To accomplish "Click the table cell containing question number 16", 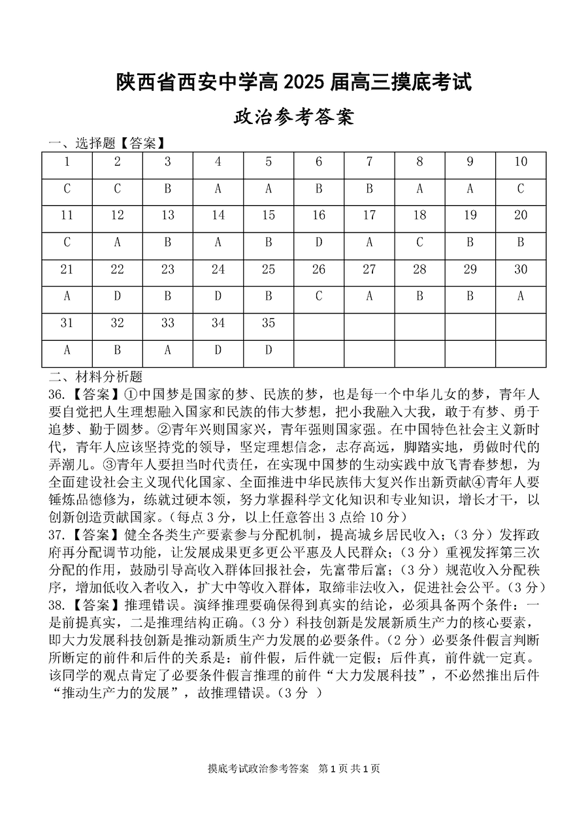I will click(x=319, y=215).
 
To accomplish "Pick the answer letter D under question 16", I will click(x=319, y=243).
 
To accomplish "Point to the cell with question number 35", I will click(x=269, y=323).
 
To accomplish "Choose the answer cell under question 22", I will click(x=118, y=296).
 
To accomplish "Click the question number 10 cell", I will click(x=521, y=162).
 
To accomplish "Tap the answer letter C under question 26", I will click(x=319, y=296).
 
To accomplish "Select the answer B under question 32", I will click(x=118, y=350).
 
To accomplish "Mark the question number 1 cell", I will click(x=67, y=162).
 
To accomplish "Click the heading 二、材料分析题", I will click(x=95, y=377).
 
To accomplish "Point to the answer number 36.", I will click(x=57, y=394).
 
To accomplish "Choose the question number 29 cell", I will click(x=470, y=270).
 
